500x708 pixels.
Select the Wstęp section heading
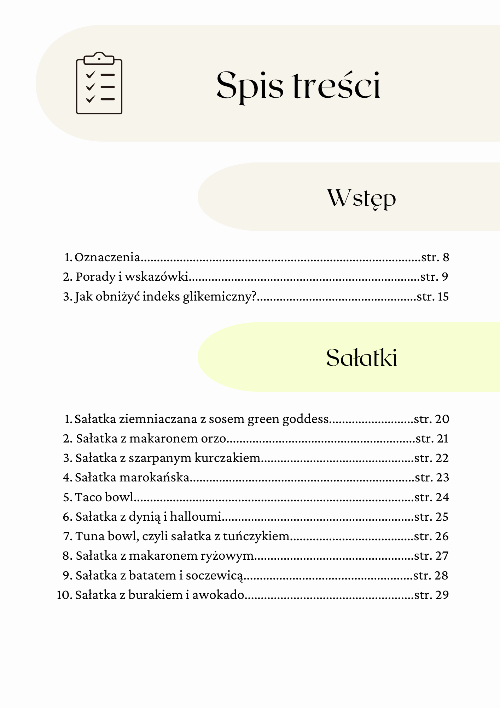pyautogui.click(x=361, y=198)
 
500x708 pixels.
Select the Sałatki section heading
pyautogui.click(x=361, y=358)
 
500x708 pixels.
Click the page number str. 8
pyautogui.click(x=435, y=257)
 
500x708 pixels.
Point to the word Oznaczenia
pyautogui.click(x=107, y=257)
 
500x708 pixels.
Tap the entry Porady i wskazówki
pyautogui.click(x=132, y=276)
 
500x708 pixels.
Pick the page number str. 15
pyautogui.click(x=433, y=296)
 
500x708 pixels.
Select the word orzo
pyautogui.click(x=214, y=439)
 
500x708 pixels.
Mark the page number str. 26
pyautogui.click(x=431, y=536)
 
